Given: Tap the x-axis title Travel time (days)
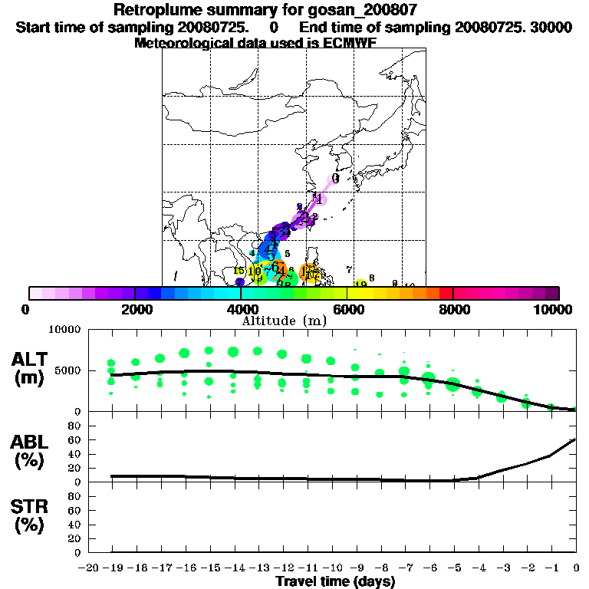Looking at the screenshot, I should pos(336,582).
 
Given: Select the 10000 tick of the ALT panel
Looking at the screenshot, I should pos(65,330).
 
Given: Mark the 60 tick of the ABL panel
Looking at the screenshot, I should pos(74,439).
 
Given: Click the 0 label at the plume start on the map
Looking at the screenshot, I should pos(335,178).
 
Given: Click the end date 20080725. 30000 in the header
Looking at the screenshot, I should pos(521,27).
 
